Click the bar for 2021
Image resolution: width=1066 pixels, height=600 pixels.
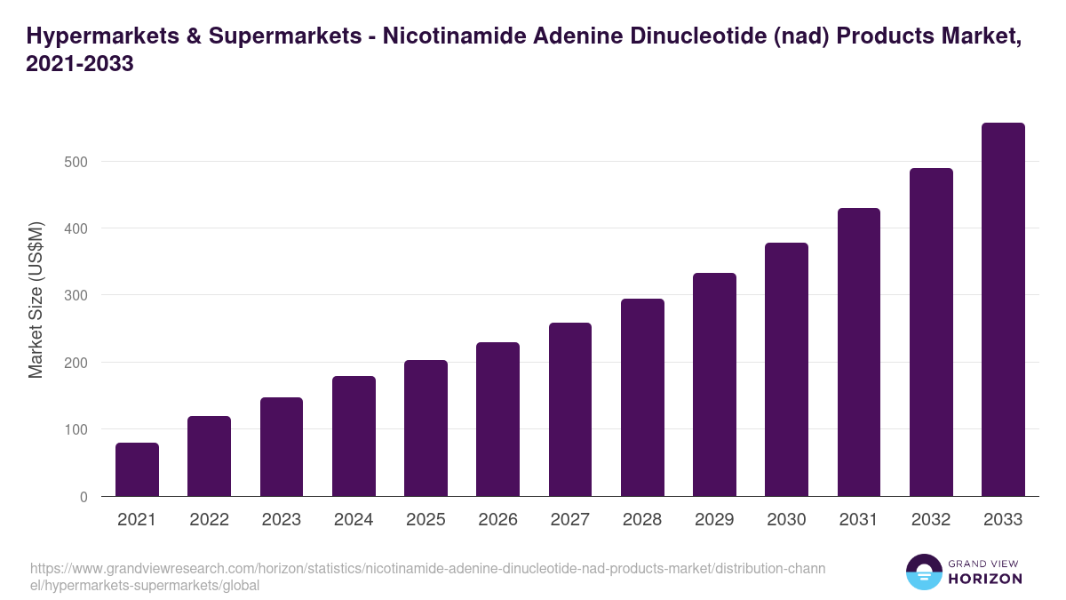point(137,469)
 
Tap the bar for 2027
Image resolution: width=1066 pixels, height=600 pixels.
point(570,409)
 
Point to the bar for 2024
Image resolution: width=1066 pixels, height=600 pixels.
point(354,436)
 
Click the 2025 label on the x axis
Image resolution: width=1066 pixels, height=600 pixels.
point(426,519)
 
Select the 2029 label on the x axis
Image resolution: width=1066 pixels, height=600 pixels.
point(714,519)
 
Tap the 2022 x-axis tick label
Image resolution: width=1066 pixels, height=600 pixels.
point(209,519)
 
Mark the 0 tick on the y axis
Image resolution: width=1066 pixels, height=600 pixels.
point(84,497)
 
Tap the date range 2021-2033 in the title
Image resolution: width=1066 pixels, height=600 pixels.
point(80,64)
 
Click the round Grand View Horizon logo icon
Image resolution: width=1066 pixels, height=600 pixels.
point(924,572)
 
